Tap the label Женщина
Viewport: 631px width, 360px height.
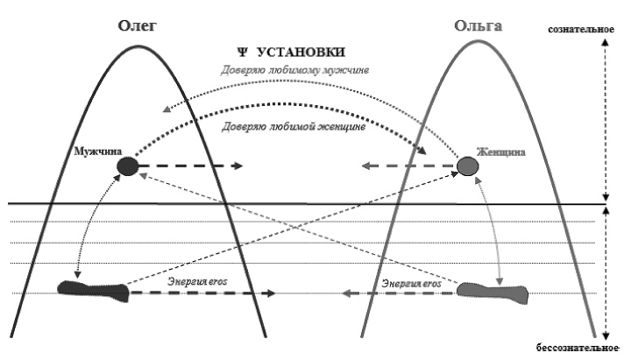pyautogui.click(x=500, y=152)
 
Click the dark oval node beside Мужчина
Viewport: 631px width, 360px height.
pyautogui.click(x=128, y=166)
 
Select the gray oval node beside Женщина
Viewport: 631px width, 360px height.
pyautogui.click(x=465, y=166)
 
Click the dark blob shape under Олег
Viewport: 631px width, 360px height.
pyautogui.click(x=92, y=287)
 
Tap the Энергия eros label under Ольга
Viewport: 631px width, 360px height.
pyautogui.click(x=409, y=282)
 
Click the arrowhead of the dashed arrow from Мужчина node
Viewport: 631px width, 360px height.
pyautogui.click(x=239, y=166)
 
